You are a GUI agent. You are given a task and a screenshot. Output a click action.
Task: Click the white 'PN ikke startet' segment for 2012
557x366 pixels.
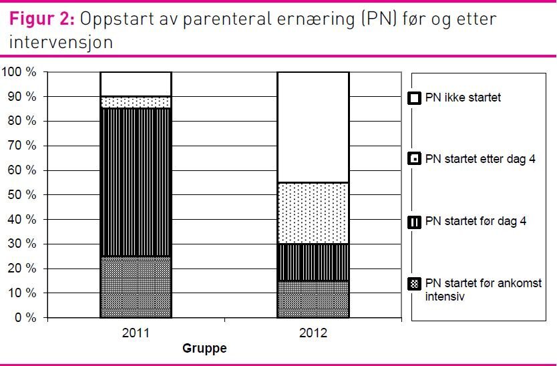[x=313, y=127]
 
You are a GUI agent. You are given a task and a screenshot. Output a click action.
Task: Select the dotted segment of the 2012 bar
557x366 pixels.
[x=313, y=213]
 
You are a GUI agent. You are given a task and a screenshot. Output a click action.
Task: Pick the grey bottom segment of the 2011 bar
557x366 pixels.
[x=136, y=287]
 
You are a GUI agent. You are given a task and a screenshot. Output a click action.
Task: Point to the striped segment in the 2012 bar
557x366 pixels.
[x=313, y=262]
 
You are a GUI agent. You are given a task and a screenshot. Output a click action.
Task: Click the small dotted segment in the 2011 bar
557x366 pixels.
[x=136, y=102]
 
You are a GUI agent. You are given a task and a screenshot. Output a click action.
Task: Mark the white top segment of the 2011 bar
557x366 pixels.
[x=136, y=84]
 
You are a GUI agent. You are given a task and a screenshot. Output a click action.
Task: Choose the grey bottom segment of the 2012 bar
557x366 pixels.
[x=313, y=299]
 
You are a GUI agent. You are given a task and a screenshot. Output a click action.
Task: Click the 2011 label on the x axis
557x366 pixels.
[x=136, y=331]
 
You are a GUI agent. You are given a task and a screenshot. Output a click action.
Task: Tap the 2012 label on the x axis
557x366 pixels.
[x=313, y=331]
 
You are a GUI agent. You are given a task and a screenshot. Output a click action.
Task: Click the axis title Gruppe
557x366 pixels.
[x=204, y=349]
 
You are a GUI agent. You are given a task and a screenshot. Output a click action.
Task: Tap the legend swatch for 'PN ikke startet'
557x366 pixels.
[x=414, y=98]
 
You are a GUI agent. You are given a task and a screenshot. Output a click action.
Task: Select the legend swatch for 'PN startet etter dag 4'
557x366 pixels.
[x=414, y=159]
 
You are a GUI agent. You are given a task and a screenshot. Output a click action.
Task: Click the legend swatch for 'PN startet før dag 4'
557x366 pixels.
[x=414, y=221]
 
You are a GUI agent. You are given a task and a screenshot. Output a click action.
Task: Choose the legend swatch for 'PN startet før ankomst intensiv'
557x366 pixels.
[x=414, y=284]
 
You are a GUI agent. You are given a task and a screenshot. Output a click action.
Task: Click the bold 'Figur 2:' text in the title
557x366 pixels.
[x=41, y=19]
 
